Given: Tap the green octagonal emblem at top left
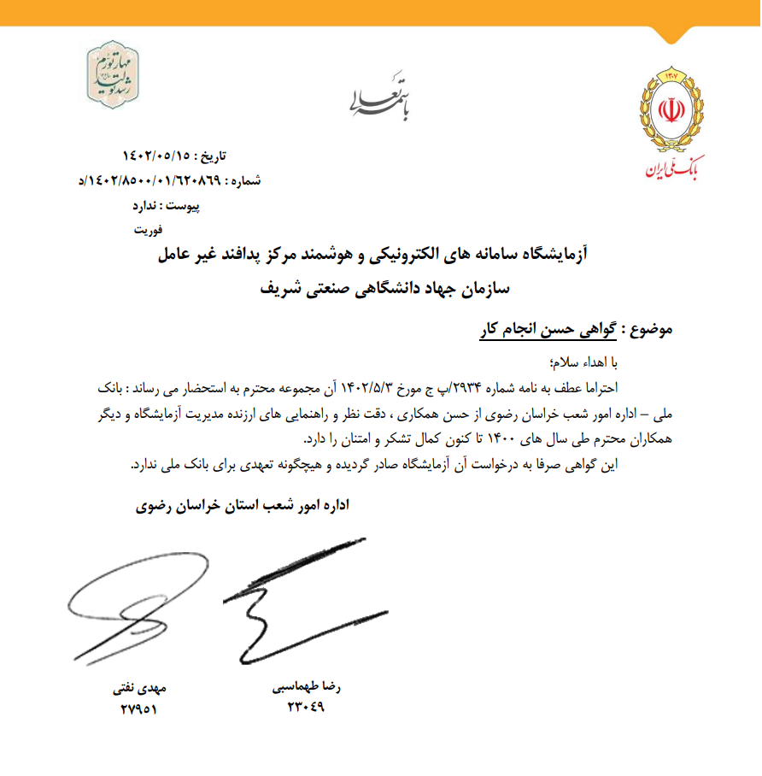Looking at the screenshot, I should (x=117, y=71).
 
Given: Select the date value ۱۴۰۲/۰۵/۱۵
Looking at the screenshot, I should (x=156, y=156).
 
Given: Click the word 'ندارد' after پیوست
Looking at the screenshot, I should (x=149, y=206).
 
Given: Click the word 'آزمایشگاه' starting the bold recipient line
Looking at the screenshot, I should (x=556, y=255).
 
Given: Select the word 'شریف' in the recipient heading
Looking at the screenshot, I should (x=277, y=288).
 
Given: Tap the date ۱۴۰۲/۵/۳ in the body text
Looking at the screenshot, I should (x=365, y=387).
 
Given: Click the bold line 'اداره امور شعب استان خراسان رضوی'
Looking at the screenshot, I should (x=243, y=505).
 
